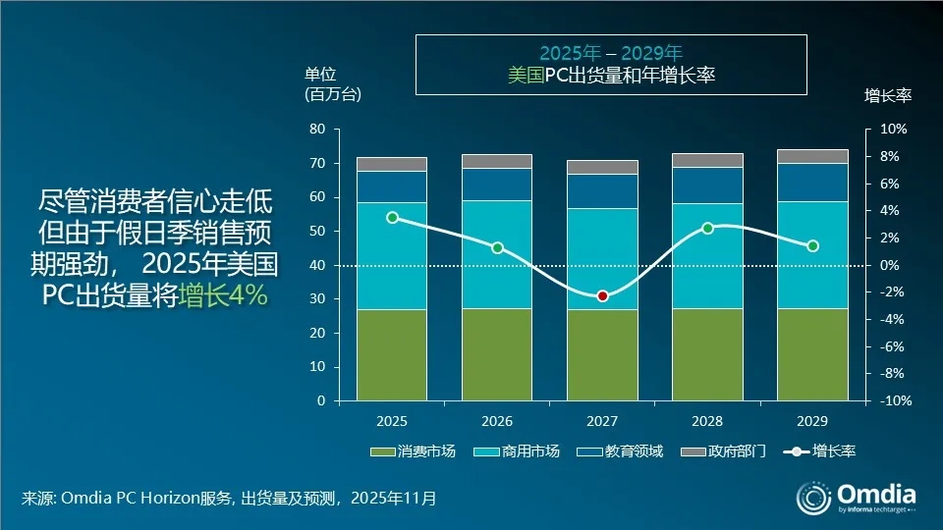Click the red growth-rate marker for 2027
pyautogui.click(x=602, y=296)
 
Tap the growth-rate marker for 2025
pyautogui.click(x=392, y=218)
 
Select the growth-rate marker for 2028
pyautogui.click(x=707, y=228)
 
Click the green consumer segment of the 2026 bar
pyautogui.click(x=497, y=354)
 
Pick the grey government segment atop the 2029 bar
pyautogui.click(x=812, y=156)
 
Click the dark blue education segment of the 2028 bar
pyautogui.click(x=707, y=185)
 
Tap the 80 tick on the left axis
pyautogui.click(x=316, y=130)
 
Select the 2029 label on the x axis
pyautogui.click(x=812, y=421)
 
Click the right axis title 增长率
pyautogui.click(x=888, y=95)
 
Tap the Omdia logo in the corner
pyautogui.click(x=857, y=496)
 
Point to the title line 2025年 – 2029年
pyautogui.click(x=610, y=52)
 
